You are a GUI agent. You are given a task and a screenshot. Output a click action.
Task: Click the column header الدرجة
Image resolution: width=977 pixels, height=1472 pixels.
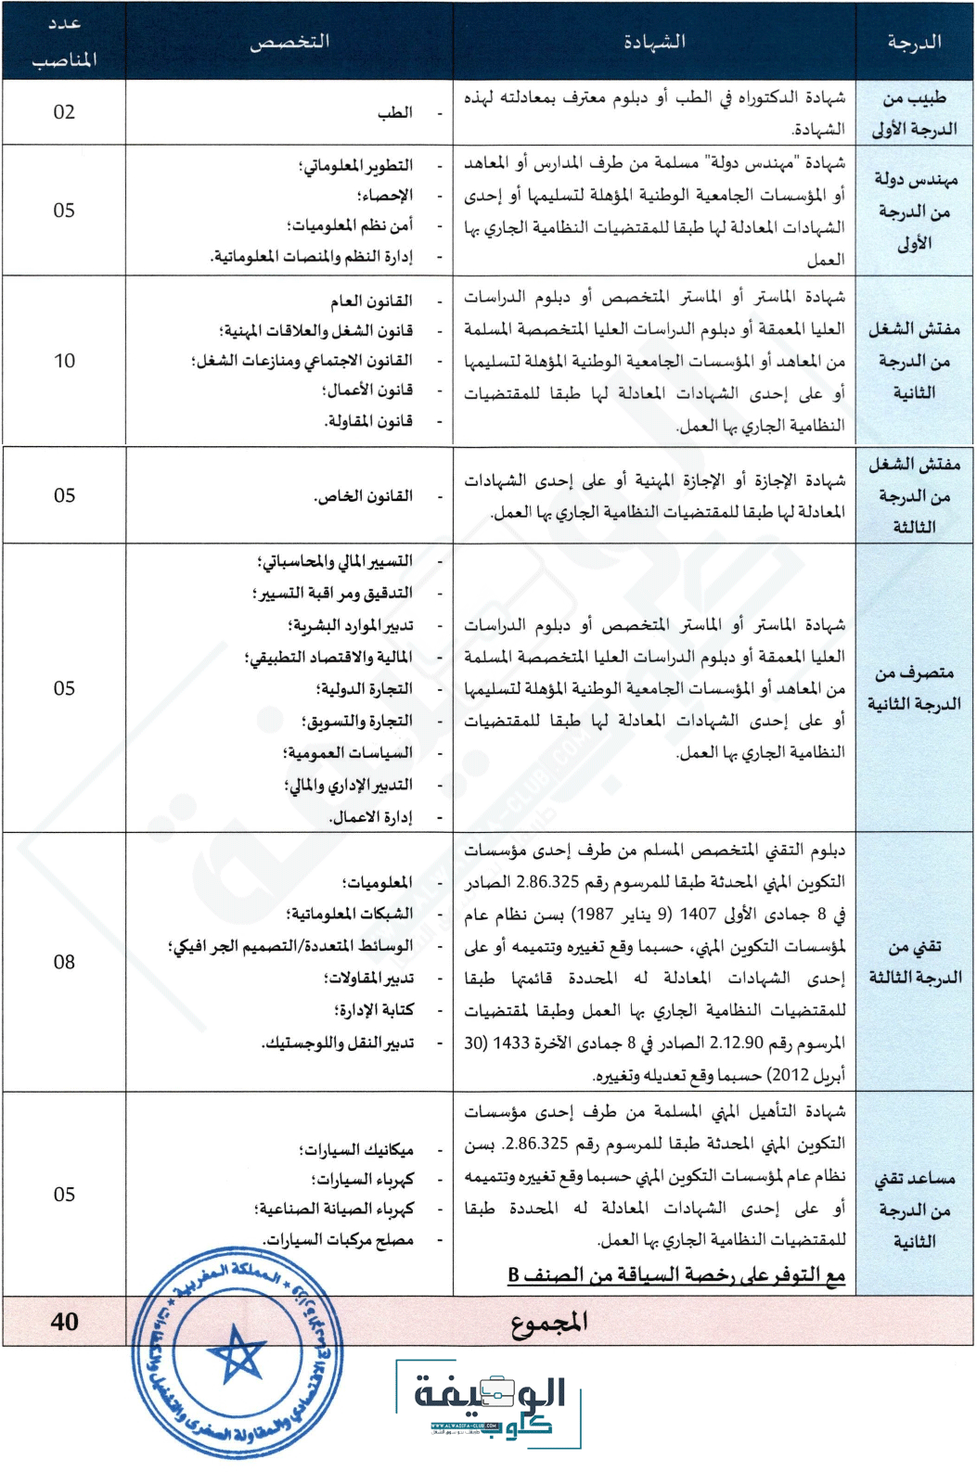coord(914,42)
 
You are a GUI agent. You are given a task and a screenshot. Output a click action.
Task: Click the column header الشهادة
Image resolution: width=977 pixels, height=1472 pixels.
coord(654,42)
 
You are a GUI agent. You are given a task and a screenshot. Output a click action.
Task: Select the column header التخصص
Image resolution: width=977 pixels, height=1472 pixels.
coord(289,42)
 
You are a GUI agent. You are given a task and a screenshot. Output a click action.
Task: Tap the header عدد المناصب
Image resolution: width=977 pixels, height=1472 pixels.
coord(64,42)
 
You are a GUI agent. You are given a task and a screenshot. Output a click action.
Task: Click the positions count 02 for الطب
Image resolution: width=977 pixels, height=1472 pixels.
coord(64,112)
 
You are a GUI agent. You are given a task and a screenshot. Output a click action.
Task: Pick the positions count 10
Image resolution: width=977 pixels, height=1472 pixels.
coord(64,361)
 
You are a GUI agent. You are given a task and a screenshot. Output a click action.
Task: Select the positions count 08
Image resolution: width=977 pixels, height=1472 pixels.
coord(64,962)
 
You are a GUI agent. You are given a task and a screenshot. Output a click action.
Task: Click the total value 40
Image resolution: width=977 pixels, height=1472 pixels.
coord(64,1322)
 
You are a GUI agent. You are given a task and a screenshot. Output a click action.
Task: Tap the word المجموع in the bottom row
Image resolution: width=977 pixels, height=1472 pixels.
coord(549,1322)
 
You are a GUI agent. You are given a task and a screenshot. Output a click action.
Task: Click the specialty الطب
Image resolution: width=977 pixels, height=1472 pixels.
coord(394,113)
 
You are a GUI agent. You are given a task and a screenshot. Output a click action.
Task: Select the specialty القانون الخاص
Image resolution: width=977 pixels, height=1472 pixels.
coord(363,496)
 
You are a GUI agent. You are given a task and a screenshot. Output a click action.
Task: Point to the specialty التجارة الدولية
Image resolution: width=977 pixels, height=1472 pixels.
coord(364,689)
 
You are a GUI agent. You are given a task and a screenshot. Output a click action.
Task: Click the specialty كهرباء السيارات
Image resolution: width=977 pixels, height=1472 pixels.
coord(363,1180)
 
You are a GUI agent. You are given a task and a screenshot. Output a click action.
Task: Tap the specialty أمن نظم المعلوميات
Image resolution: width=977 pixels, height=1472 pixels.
coord(351,225)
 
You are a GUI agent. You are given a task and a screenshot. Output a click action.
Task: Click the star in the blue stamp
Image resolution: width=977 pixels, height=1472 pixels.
coord(236,1354)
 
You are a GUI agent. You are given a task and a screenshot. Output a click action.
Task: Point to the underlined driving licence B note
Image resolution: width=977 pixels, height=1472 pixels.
coord(676,1275)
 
